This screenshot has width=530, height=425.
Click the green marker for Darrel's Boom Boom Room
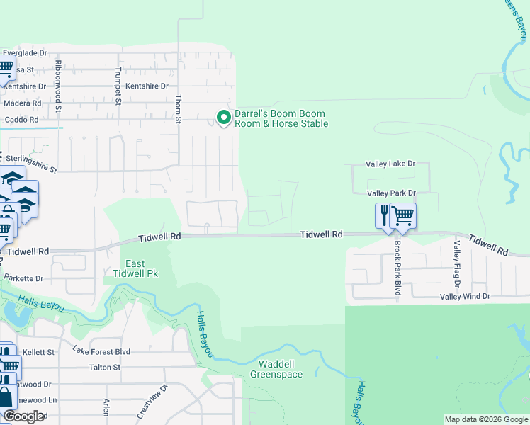pyautogui.click(x=224, y=118)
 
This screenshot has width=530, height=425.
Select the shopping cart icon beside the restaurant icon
pyautogui.click(x=402, y=215)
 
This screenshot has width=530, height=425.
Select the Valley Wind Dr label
pyautogui.click(x=465, y=297)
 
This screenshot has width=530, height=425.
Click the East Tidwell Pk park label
pyautogui.click(x=135, y=268)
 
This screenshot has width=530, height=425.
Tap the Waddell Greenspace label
pyautogui.click(x=276, y=369)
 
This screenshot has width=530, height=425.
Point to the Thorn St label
pyautogui.click(x=179, y=109)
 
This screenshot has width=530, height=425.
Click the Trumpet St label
pyautogui.click(x=118, y=86)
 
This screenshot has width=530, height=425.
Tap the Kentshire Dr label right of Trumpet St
pyautogui.click(x=147, y=86)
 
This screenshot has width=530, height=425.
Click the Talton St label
pyautogui.click(x=105, y=368)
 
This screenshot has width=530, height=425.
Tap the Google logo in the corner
pyautogui.click(x=23, y=416)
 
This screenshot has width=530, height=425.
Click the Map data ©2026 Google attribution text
pyautogui.click(x=485, y=419)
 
